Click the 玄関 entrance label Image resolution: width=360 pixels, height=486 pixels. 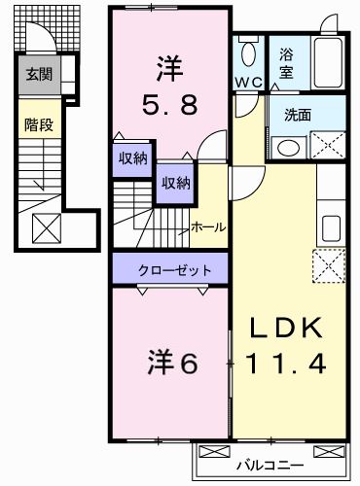coord(39,74)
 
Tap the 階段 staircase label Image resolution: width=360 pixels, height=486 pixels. coord(39,124)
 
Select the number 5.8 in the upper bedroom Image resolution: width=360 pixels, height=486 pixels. coord(167,100)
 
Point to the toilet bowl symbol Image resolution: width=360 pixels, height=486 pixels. coord(249,52)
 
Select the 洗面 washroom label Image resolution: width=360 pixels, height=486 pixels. coord(298,114)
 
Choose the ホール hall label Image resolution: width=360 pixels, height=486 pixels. coord(208,226)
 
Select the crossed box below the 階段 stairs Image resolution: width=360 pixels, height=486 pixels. coord(46,230)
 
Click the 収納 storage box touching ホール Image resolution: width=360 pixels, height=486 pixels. coord(175,182)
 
